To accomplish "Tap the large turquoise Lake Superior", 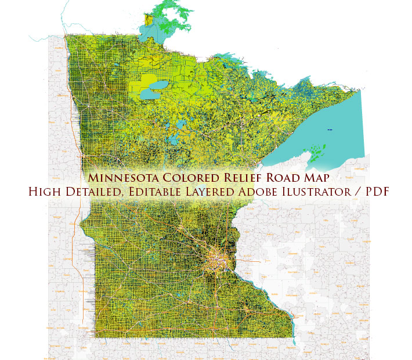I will tap(325, 134).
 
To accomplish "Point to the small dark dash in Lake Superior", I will tap(330, 129).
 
